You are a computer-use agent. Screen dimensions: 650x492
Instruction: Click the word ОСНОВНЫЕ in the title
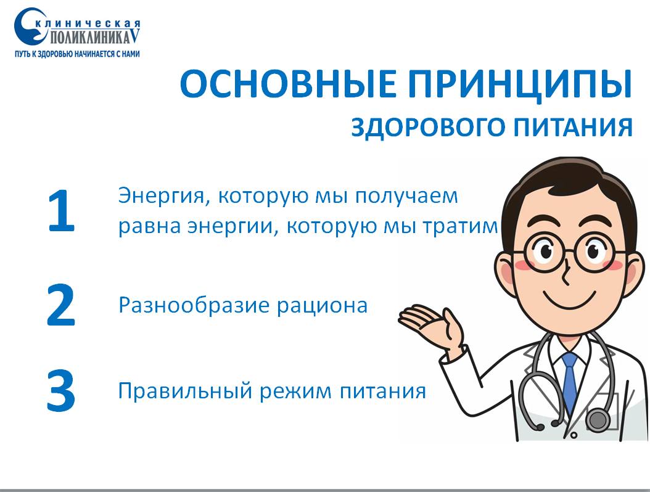pos(288,84)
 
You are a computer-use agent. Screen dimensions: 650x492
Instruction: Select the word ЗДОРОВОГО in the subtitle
pos(427,127)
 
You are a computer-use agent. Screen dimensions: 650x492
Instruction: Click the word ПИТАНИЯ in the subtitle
pos(573,126)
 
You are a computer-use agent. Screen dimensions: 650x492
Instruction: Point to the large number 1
pos(61,211)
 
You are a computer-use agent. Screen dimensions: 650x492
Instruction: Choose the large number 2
pos(60,305)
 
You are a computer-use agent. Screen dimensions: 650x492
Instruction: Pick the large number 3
pos(60,391)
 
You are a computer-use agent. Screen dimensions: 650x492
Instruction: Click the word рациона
pos(322,306)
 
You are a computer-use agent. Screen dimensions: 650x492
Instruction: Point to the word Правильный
pos(185,391)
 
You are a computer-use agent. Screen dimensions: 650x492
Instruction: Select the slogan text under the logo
pos(77,54)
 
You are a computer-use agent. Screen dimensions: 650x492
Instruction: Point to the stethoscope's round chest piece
pos(598,419)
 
